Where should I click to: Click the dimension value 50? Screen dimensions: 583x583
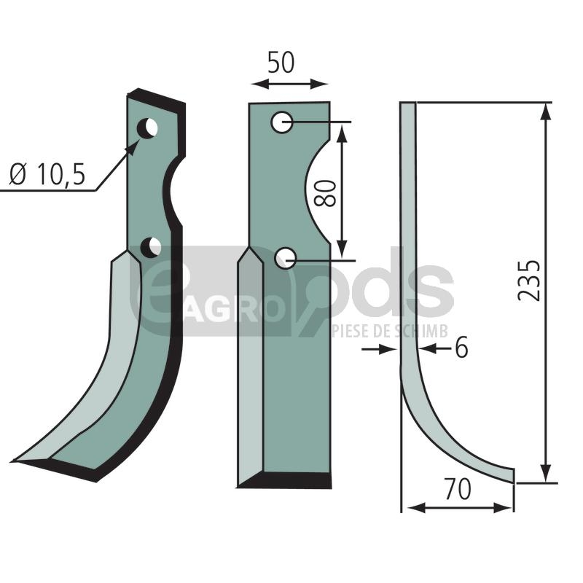click(x=281, y=63)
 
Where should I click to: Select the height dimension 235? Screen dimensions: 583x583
click(x=528, y=281)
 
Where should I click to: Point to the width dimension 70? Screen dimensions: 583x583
click(x=458, y=489)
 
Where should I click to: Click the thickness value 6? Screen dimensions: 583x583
click(x=461, y=348)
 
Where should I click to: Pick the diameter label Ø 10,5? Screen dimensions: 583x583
click(x=47, y=174)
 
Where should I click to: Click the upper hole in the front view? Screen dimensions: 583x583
click(x=281, y=122)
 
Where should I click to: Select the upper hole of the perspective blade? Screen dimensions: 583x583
click(x=147, y=129)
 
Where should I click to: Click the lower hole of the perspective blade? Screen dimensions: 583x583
click(x=151, y=248)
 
